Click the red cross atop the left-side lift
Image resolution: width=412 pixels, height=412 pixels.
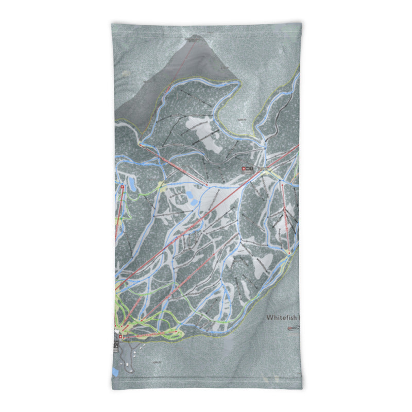click(x=123, y=188)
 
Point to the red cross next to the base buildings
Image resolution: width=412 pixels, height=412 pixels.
click(x=121, y=337)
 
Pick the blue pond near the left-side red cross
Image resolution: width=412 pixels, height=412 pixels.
click(x=131, y=184)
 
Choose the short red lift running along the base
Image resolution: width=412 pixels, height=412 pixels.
click(x=149, y=335)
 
